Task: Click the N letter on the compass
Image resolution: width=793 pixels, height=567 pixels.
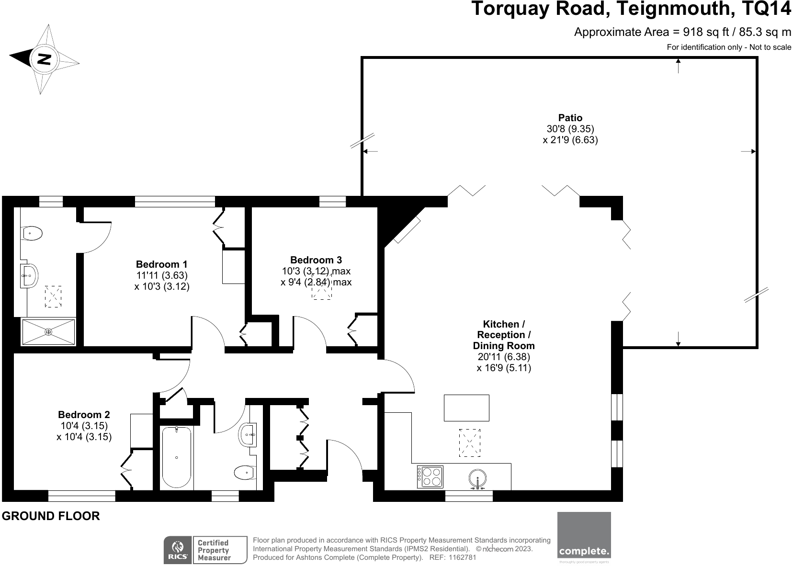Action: click(44, 59)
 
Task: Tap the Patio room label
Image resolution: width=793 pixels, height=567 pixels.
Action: click(570, 117)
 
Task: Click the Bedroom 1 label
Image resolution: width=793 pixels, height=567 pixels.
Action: click(161, 264)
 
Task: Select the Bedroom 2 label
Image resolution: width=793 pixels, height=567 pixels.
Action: click(84, 414)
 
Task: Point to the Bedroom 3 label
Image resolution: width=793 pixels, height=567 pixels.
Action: click(316, 260)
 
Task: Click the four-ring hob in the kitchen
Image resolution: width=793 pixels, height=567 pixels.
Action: click(430, 477)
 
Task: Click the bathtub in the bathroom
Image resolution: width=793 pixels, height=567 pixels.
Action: click(177, 458)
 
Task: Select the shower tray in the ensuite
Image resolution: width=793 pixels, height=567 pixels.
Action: click(48, 332)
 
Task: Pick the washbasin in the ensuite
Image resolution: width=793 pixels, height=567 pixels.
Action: click(30, 275)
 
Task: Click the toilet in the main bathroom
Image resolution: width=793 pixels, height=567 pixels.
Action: click(245, 472)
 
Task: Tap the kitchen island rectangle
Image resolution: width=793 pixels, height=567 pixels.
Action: click(466, 408)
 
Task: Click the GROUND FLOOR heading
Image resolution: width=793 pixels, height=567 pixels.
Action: click(51, 516)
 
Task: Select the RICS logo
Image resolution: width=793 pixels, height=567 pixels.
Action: click(178, 550)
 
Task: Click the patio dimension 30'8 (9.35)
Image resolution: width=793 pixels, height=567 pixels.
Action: click(570, 128)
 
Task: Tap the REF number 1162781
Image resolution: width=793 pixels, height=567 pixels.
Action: click(463, 557)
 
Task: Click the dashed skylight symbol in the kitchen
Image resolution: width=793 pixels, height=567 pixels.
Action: click(470, 442)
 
